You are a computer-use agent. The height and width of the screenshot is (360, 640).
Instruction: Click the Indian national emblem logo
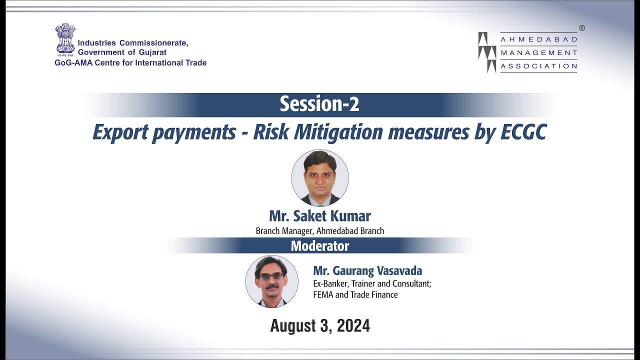[x=65, y=39]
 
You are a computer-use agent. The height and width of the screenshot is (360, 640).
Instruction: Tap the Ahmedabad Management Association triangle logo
[x=487, y=52]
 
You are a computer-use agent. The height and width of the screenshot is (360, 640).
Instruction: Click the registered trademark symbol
[x=582, y=28]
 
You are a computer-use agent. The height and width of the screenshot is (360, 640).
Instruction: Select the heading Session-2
[x=319, y=104]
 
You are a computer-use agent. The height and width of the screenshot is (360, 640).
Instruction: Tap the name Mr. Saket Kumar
[x=320, y=216]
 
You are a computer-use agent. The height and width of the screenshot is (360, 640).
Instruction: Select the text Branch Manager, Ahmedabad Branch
[x=320, y=231]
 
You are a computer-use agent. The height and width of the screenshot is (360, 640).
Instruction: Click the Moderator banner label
[x=320, y=246]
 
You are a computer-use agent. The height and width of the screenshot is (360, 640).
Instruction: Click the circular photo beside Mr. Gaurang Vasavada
[x=272, y=281]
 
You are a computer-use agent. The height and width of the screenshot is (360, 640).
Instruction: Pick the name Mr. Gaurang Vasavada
[x=367, y=271]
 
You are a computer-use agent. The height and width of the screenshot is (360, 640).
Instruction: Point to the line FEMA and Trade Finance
[x=355, y=294]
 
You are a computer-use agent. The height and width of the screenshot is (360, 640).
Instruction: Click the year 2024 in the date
[x=353, y=326]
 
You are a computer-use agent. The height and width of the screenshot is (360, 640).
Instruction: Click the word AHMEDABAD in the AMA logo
[x=539, y=39]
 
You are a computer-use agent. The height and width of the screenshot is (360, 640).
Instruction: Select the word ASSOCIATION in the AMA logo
[x=539, y=66]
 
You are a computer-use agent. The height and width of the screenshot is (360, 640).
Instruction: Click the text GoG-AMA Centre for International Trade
[x=130, y=63]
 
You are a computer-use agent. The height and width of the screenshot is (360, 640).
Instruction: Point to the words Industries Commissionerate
[x=133, y=43]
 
